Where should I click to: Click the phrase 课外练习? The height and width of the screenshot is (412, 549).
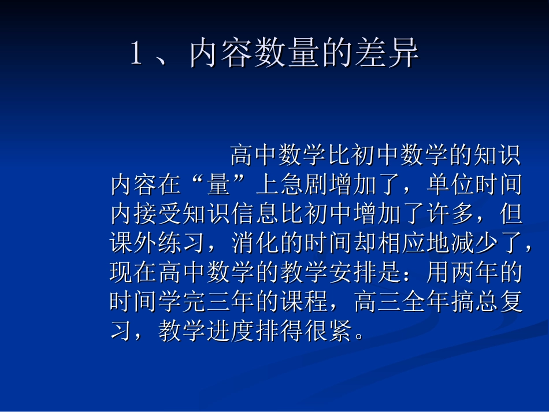157,244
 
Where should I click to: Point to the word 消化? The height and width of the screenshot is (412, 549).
253,244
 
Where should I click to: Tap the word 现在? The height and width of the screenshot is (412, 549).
133,273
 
